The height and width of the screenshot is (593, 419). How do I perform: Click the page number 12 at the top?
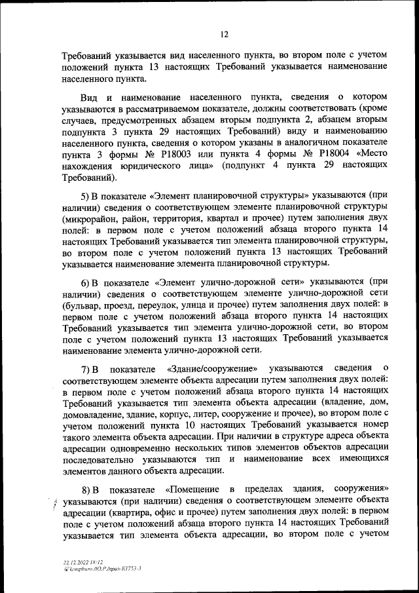pyautogui.click(x=224, y=34)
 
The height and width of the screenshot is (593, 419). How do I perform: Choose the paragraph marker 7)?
pyautogui.click(x=87, y=370)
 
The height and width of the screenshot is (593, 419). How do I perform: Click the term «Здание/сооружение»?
pyautogui.click(x=216, y=370)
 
